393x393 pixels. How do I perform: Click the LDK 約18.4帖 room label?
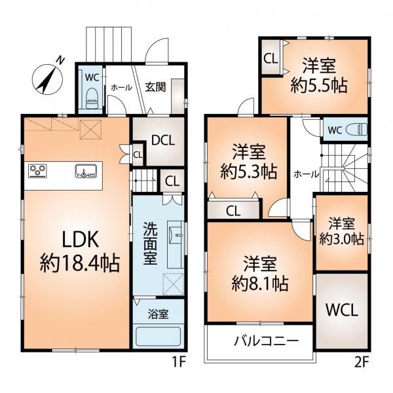click(80, 252)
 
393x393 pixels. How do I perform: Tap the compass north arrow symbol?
click(47, 79)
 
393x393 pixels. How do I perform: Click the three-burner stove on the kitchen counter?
click(37, 170)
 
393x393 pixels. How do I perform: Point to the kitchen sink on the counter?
click(86, 171)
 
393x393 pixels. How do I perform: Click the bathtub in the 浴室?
click(158, 337)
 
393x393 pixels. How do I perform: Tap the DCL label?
click(163, 141)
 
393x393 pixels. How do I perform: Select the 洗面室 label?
click(150, 244)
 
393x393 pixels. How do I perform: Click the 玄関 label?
click(155, 87)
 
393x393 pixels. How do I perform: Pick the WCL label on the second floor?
click(342, 310)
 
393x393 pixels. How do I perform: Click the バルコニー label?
click(267, 341)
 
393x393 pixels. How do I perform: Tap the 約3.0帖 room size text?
click(342, 239)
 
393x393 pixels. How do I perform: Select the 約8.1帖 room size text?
click(259, 283)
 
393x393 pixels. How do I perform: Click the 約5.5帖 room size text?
click(319, 86)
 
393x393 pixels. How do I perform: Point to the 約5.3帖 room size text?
click(249, 172)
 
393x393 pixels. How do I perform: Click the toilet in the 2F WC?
click(356, 130)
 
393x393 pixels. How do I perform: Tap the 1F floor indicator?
click(178, 363)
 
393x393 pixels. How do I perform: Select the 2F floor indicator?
click(362, 363)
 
